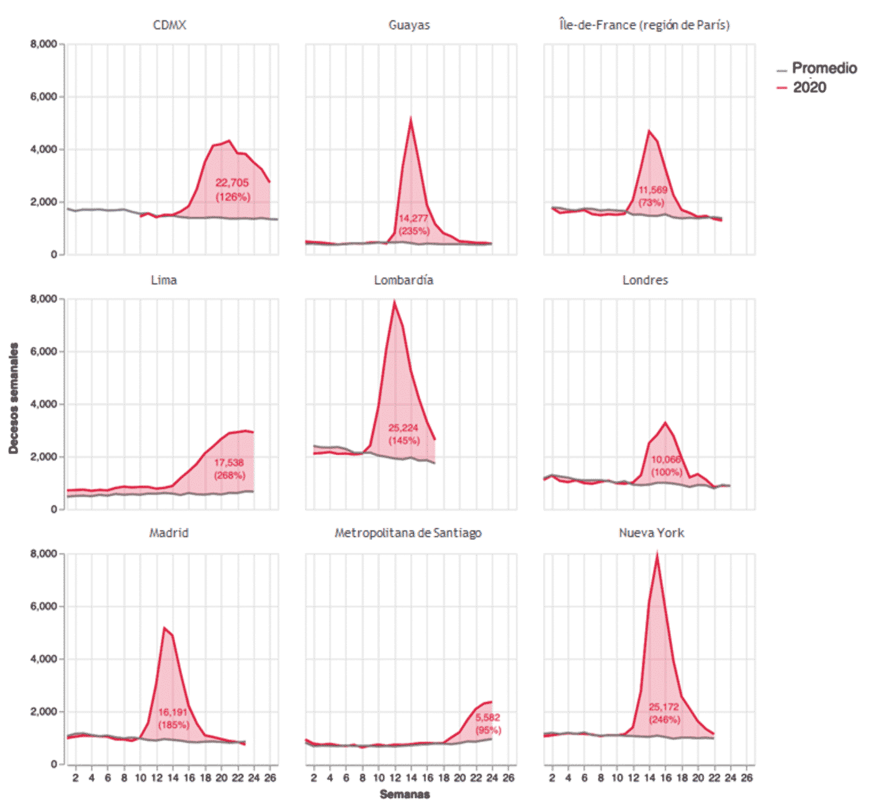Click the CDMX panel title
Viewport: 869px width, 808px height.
click(x=169, y=25)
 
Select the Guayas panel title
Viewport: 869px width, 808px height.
click(x=409, y=25)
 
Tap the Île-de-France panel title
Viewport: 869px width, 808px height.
click(x=644, y=25)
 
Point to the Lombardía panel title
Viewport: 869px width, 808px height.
click(x=403, y=281)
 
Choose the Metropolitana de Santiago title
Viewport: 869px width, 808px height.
click(x=408, y=533)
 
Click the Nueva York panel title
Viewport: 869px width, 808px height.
click(x=651, y=533)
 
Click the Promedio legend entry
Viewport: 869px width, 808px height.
click(x=824, y=68)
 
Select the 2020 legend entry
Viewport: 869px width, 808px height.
click(x=809, y=88)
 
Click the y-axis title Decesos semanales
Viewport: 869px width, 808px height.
click(x=14, y=398)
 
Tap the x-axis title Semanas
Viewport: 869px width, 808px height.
click(x=405, y=794)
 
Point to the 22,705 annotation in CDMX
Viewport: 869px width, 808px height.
click(x=232, y=182)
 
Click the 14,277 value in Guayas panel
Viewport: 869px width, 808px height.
click(x=413, y=218)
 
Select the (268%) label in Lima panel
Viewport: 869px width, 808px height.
click(x=230, y=475)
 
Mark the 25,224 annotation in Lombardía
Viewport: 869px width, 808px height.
click(x=403, y=428)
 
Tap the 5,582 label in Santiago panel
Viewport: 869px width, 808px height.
click(x=488, y=717)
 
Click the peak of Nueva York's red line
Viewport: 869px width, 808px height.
click(x=657, y=554)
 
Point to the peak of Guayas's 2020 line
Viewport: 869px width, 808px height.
click(x=411, y=119)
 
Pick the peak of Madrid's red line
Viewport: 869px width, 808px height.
click(x=164, y=627)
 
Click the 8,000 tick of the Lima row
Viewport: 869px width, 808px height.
click(x=43, y=299)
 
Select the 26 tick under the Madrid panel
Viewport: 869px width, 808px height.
click(x=270, y=778)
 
